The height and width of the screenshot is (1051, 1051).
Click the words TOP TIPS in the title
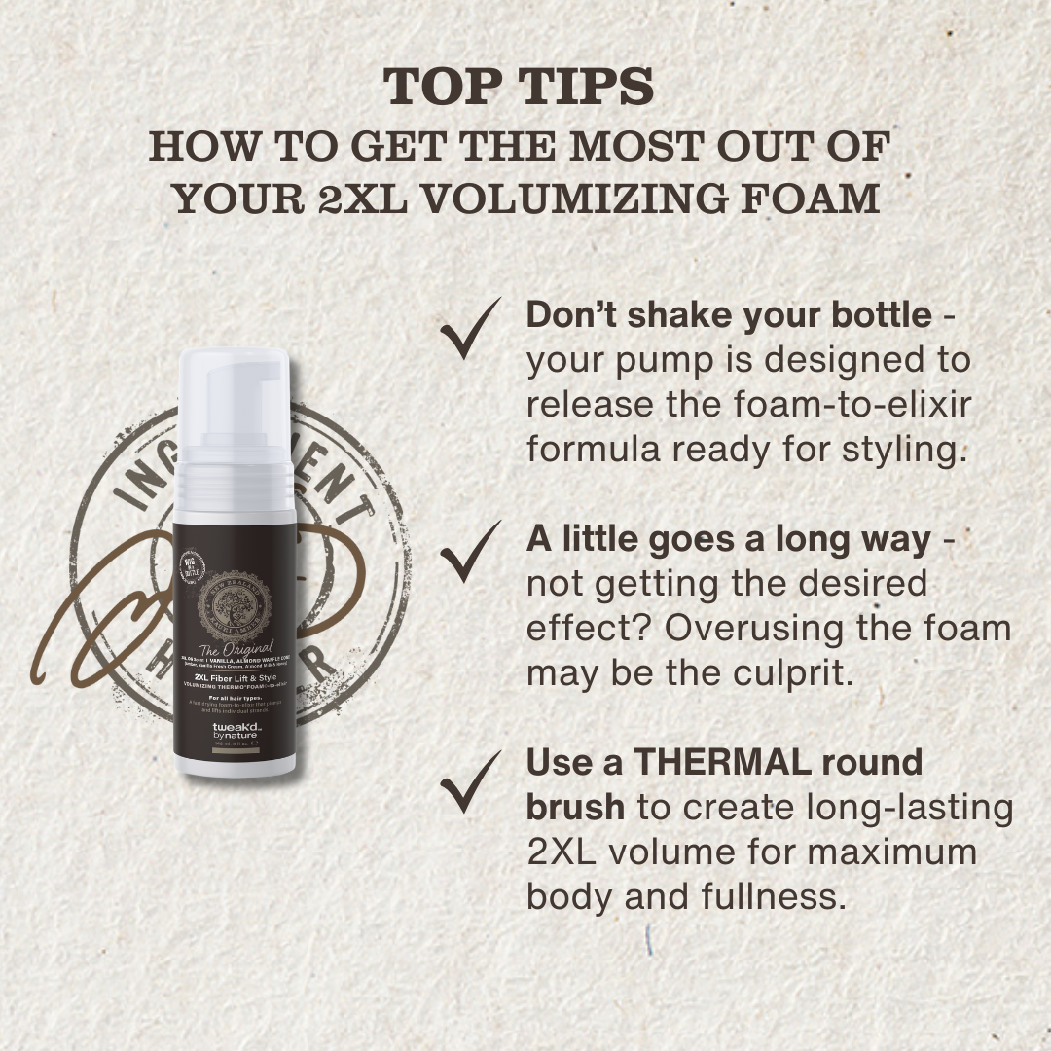pyautogui.click(x=518, y=88)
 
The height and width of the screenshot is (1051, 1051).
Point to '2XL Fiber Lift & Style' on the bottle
pyautogui.click(x=233, y=685)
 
